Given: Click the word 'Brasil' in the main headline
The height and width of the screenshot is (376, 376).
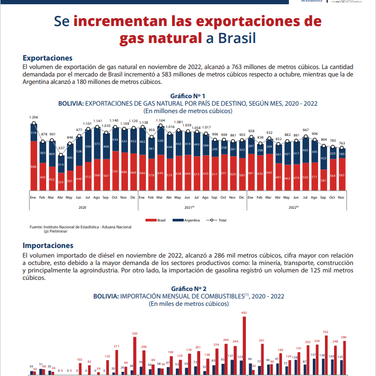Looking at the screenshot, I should point(234,38).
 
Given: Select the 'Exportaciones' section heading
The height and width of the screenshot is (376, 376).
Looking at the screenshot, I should point(47,57).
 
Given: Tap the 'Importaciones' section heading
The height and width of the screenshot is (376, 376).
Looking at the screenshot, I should point(48,246).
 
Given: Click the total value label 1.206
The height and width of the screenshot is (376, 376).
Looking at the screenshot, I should point(33,117).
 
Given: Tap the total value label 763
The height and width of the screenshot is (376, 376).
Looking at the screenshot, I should point(342,143).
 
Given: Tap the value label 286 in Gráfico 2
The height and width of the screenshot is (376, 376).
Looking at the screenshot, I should point(343,337).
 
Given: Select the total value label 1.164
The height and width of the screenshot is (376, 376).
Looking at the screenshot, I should point(160,121).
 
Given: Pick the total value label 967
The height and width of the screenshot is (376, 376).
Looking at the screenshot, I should point(305,130).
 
